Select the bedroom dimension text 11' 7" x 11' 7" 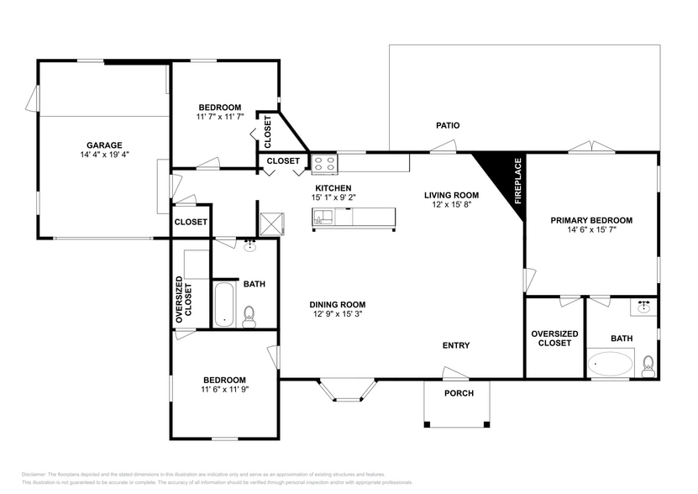pos(220,117)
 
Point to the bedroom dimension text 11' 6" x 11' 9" pos(224,389)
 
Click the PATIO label pos(447,125)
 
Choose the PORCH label pos(459,393)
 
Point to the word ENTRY pos(456,345)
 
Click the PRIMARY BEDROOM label pos(591,220)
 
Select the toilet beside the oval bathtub pos(648,365)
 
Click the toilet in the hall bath pos(249,316)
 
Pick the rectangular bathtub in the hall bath pos(224,304)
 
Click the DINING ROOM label pos(337,305)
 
